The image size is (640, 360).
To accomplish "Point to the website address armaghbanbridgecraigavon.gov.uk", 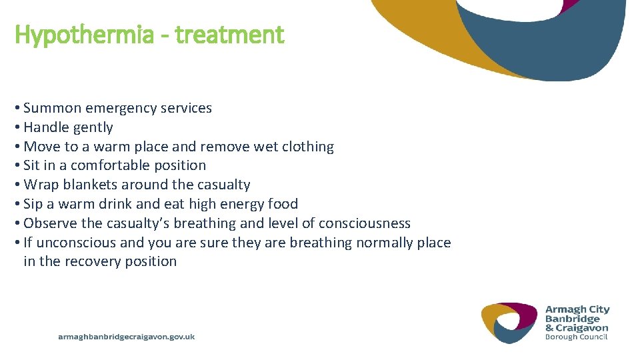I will click(x=127, y=337).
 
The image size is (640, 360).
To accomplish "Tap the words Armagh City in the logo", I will click(x=577, y=309).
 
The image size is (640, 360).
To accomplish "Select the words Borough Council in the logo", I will click(x=577, y=337).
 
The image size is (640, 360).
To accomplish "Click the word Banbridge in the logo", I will click(x=573, y=319).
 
